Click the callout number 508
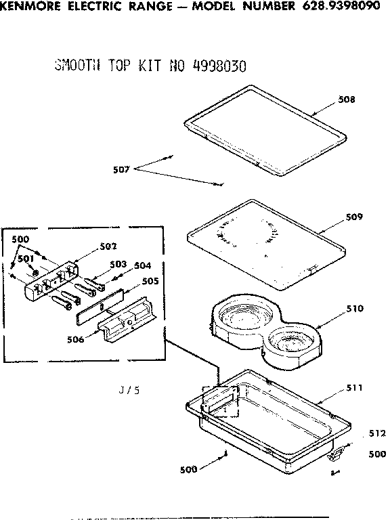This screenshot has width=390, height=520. point(347,100)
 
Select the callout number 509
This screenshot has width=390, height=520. point(354,217)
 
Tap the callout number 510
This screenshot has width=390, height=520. point(355,309)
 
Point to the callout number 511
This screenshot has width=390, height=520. point(355,388)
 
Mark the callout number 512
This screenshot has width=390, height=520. point(376,433)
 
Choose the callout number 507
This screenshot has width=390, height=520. point(122,169)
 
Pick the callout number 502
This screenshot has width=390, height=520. point(109,246)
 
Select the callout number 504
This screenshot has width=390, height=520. point(142,265)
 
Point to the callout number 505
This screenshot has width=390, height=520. point(150,280)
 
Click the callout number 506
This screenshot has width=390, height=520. point(75,339)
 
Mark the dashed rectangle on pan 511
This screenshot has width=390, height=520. point(221,401)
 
